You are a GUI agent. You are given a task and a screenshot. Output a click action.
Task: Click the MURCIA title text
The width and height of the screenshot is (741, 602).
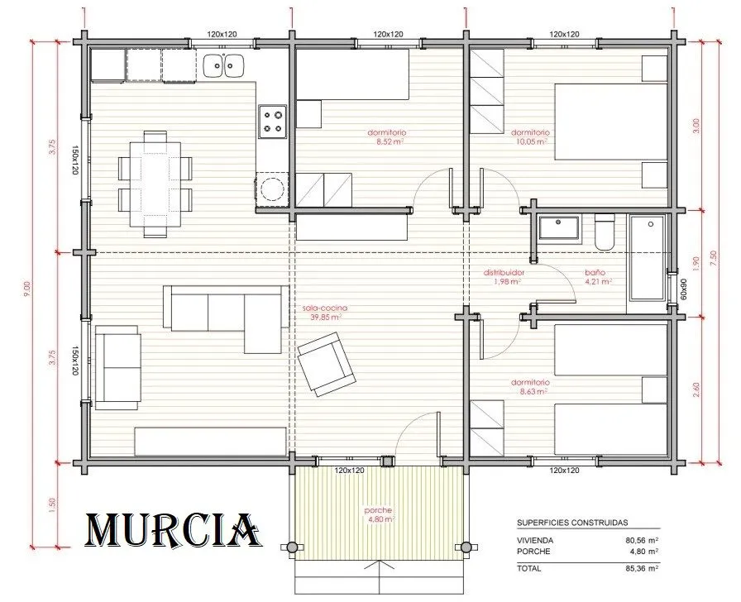(x=173, y=530)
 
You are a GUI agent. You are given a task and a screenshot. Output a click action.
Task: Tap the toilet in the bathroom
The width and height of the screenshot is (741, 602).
(x=605, y=232)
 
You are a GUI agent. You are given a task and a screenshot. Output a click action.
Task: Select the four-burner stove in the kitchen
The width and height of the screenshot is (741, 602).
(x=273, y=122)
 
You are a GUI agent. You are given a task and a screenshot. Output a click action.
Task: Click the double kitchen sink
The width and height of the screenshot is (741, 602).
(x=223, y=65)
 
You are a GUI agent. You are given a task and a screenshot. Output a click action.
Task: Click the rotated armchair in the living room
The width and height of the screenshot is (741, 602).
(x=327, y=363)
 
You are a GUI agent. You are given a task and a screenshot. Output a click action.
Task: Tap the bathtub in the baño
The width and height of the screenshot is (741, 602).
(x=648, y=257)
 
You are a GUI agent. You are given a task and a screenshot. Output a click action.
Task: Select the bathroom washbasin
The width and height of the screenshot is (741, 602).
(x=558, y=229)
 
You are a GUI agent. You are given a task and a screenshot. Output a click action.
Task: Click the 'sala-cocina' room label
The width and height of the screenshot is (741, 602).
(x=325, y=308)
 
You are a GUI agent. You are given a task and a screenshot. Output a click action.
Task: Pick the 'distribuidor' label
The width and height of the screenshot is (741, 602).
(x=504, y=273)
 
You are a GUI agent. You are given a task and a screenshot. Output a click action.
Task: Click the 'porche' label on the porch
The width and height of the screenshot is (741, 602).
(x=378, y=510)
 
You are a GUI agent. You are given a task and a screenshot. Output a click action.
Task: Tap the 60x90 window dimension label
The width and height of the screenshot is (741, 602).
(x=683, y=289)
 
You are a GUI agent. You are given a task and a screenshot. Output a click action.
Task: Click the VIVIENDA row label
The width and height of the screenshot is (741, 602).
(x=535, y=540)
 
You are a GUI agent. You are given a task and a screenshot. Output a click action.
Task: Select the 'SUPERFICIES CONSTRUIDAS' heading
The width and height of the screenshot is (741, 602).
(x=572, y=523)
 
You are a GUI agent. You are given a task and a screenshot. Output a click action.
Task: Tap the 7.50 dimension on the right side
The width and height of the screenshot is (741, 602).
(x=713, y=258)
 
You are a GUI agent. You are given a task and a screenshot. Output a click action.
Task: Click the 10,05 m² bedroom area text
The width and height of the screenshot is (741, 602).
(x=529, y=141)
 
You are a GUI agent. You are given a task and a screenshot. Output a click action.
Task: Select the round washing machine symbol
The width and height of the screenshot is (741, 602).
(x=272, y=189)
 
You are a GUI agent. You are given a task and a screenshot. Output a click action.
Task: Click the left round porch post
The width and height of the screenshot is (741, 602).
(x=293, y=547)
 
